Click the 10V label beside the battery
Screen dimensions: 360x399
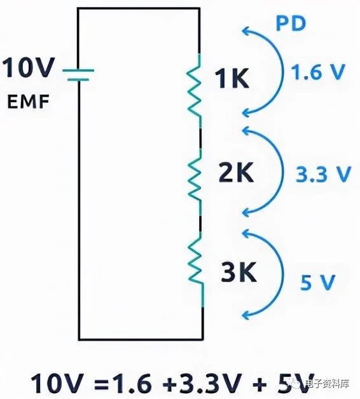pos(29,67)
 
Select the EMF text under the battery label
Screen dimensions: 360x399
pos(28,102)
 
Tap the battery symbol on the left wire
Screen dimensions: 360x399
pos(78,75)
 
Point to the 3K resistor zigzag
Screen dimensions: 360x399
pos(196,270)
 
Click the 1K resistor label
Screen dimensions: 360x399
pos(232,79)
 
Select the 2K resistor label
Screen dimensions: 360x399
pos(236,173)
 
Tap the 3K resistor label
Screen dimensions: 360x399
pos(239,272)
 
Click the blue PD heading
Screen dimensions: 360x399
pos(291,24)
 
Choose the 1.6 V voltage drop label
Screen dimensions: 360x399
pos(318,72)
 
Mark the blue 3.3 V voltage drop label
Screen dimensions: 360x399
pos(324,174)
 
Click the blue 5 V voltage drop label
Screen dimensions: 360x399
pos(317,282)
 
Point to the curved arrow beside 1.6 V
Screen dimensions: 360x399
pos(282,71)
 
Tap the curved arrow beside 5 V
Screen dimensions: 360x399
pos(282,274)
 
